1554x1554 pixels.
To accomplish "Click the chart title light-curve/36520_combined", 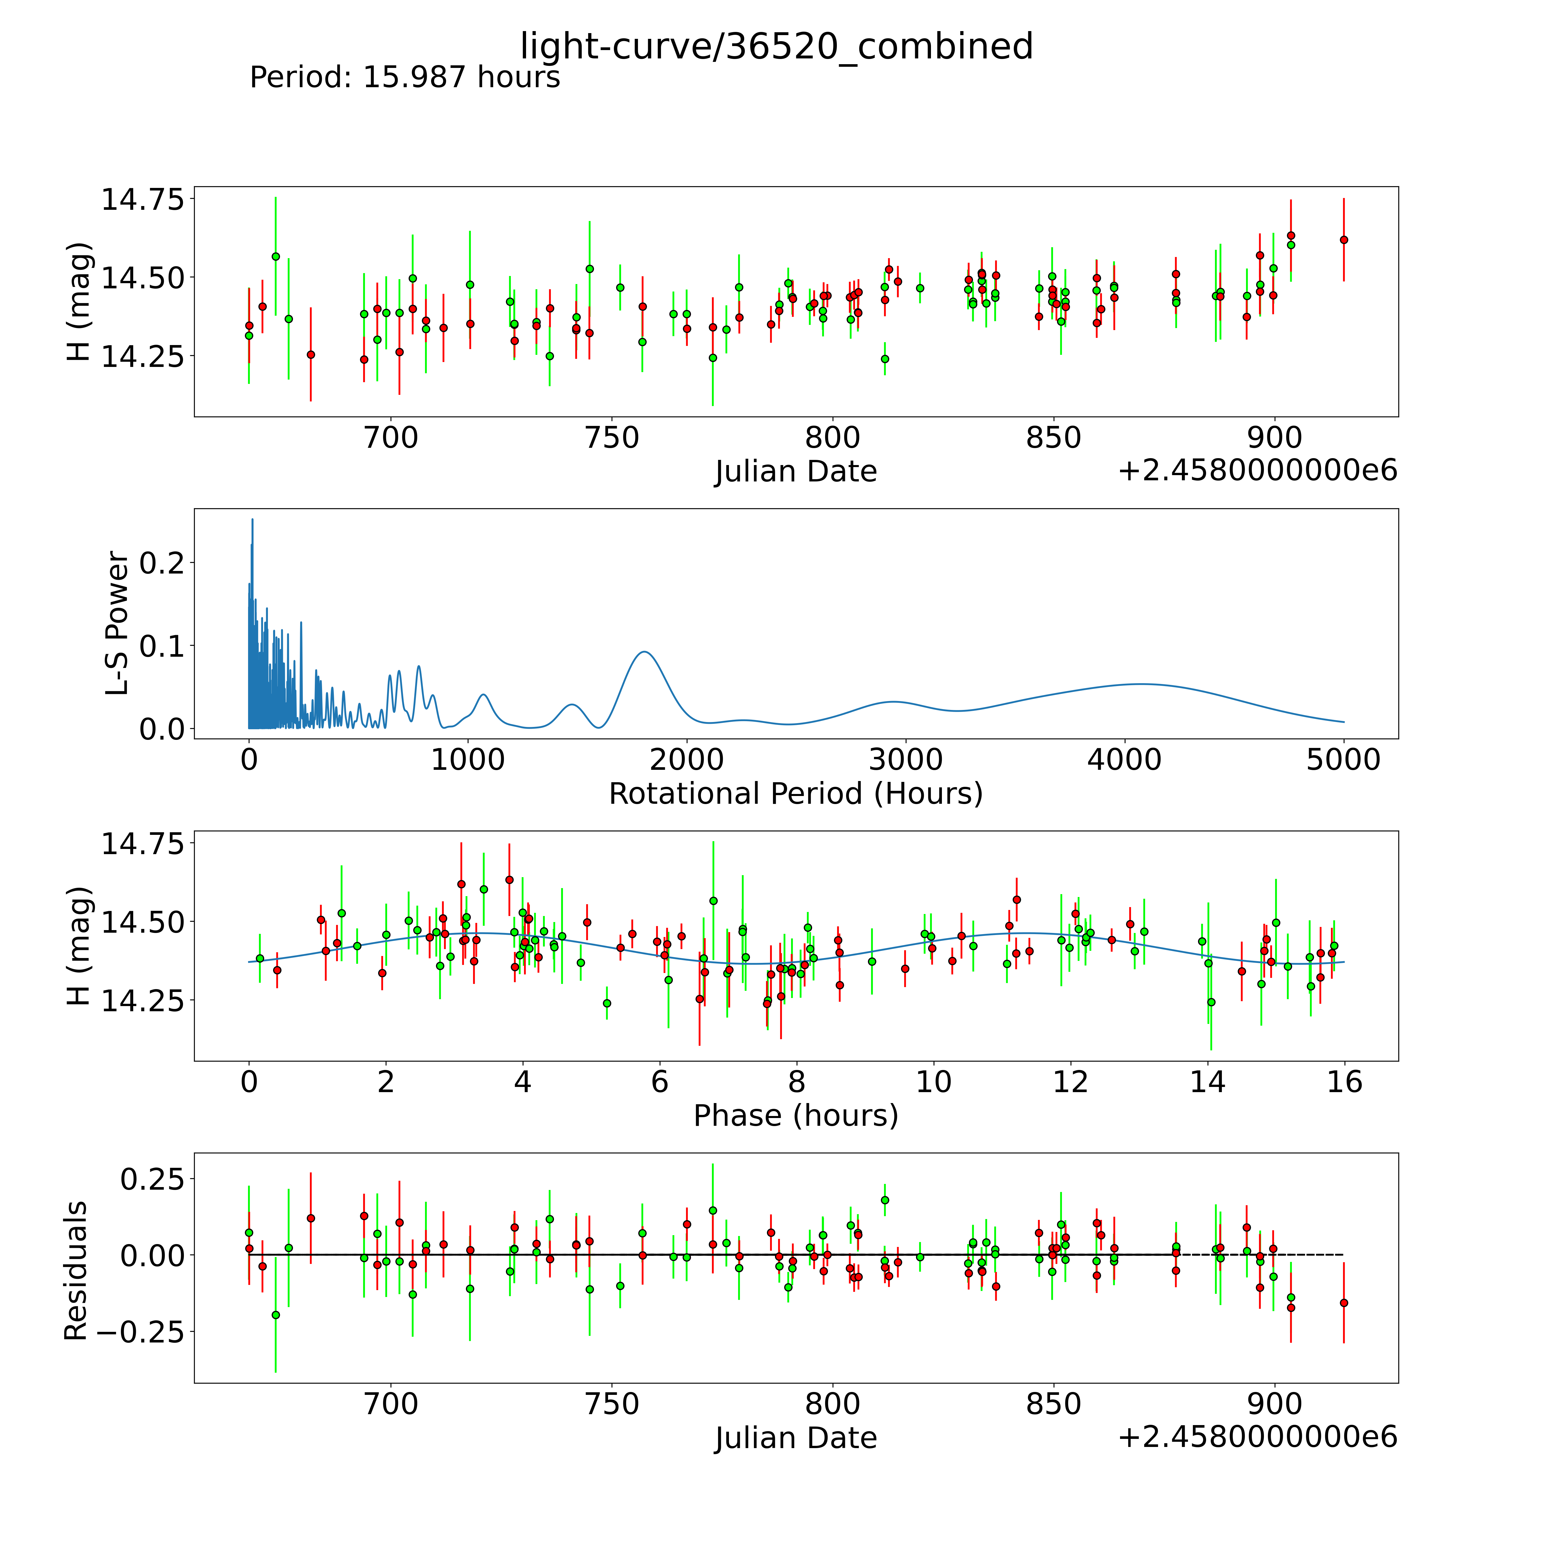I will click(776, 47).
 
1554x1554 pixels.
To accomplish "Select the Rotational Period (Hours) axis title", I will click(795, 794).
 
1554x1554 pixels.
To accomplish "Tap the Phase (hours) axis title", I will click(795, 1116).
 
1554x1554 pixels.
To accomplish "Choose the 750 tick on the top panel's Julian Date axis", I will click(612, 438).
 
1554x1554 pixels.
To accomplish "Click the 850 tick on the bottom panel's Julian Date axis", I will click(1054, 1404).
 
